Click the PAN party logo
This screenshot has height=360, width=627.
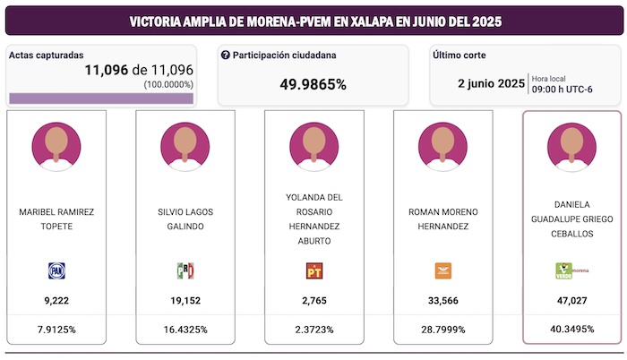pyautogui.click(x=56, y=270)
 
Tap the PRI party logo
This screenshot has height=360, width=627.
pyautogui.click(x=185, y=270)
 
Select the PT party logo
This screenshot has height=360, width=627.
pyautogui.click(x=314, y=270)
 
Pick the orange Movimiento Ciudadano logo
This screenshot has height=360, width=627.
pyautogui.click(x=443, y=270)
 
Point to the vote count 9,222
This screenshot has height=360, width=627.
pyautogui.click(x=56, y=301)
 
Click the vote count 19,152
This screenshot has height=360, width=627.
pyautogui.click(x=185, y=301)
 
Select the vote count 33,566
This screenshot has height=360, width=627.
pyautogui.click(x=443, y=301)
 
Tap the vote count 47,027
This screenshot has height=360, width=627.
pyautogui.click(x=571, y=301)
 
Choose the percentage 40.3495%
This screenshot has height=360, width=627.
pyautogui.click(x=571, y=330)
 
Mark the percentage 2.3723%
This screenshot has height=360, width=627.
pyautogui.click(x=314, y=330)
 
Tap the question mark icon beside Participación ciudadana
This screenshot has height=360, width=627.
pyautogui.click(x=226, y=56)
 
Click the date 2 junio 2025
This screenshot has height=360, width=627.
pyautogui.click(x=491, y=83)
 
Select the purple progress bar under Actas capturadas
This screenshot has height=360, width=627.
pyautogui.click(x=100, y=98)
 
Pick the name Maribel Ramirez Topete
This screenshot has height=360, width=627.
pyautogui.click(x=56, y=219)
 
